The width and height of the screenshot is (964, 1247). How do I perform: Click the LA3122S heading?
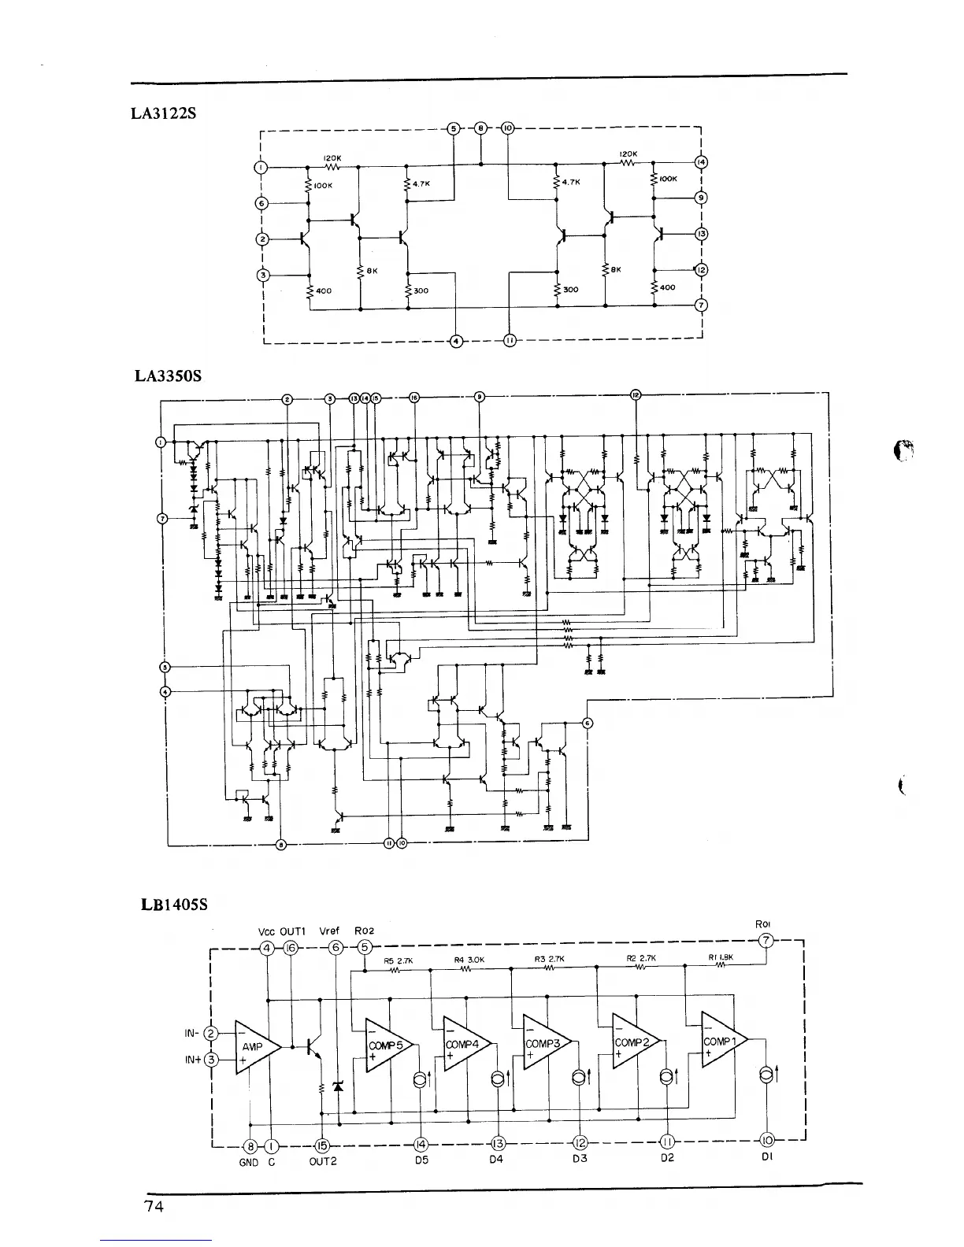pyautogui.click(x=163, y=113)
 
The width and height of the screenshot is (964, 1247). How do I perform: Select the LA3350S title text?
pyautogui.click(x=168, y=376)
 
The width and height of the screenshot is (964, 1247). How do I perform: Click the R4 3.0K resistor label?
pyautogui.click(x=469, y=960)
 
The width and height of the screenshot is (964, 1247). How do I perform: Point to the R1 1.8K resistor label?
pyautogui.click(x=721, y=958)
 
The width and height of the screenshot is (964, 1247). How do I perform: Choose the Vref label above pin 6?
pyautogui.click(x=329, y=931)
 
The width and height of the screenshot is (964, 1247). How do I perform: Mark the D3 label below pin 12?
pyautogui.click(x=580, y=1159)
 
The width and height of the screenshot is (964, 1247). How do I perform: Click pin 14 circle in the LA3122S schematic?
pyautogui.click(x=701, y=163)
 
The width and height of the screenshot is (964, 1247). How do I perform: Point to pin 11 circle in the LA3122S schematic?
pyautogui.click(x=509, y=341)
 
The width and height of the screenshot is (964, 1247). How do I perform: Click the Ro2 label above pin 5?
pyautogui.click(x=365, y=931)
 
